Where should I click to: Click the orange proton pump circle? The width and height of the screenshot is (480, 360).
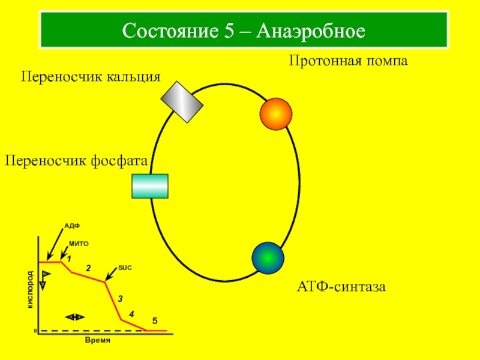(276, 113)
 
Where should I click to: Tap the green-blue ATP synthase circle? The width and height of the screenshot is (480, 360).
(268, 257)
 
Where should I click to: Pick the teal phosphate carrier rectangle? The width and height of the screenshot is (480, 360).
(150, 185)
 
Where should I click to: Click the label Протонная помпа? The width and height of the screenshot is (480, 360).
(348, 61)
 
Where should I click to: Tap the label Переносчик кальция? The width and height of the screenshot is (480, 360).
(91, 77)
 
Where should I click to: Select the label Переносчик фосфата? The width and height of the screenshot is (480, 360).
(76, 160)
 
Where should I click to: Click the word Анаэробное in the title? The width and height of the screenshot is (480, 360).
(311, 29)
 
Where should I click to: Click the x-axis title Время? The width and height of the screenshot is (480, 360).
(98, 339)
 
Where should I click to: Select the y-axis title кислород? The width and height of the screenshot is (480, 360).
(30, 289)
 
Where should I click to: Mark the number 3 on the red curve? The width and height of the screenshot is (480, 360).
(120, 298)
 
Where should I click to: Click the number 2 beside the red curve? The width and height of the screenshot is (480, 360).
(88, 268)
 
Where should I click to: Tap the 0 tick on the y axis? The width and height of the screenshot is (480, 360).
(35, 331)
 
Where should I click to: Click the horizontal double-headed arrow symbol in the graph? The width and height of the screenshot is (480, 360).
(75, 317)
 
